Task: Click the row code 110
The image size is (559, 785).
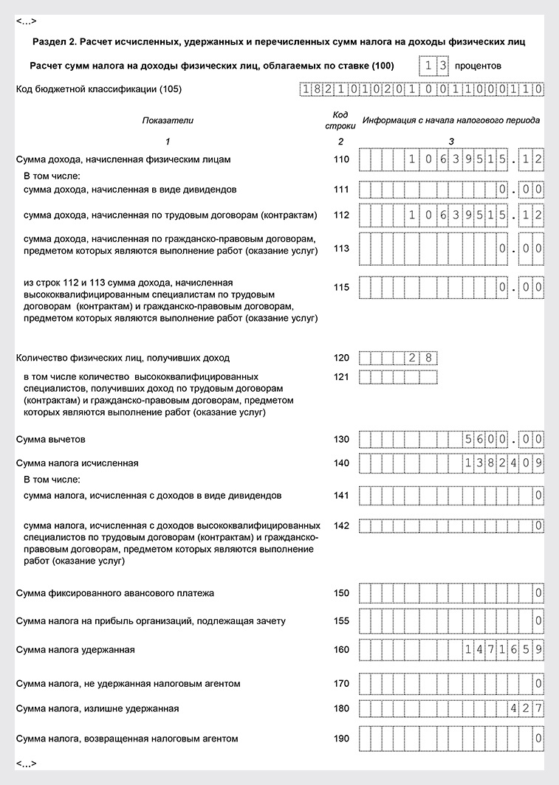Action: pos(340,159)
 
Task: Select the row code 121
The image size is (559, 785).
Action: pos(340,377)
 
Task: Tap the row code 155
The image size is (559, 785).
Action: pos(340,621)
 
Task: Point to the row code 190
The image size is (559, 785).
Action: pos(340,738)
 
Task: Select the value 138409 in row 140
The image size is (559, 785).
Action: pos(505,463)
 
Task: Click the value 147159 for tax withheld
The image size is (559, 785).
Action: pos(505,649)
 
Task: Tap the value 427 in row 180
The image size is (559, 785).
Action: pos(527,708)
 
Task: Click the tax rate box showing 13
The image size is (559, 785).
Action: pos(433,66)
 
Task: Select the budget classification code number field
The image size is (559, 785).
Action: pos(422,90)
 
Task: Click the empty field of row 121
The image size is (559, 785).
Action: pos(399,377)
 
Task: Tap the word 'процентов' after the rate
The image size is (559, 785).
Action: pos(478,66)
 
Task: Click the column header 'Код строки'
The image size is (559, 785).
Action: pos(340,120)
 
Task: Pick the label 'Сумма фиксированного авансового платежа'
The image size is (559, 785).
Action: pos(111,593)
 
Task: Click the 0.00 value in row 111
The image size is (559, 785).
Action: pos(521,190)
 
